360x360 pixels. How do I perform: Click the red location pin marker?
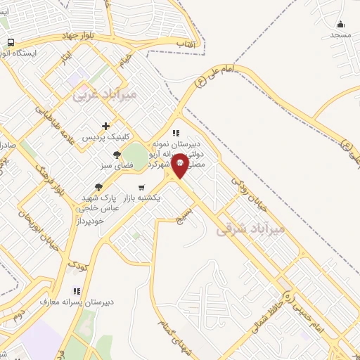180,165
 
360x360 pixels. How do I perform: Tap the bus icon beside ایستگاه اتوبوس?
11,42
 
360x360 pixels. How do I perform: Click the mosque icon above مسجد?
341,24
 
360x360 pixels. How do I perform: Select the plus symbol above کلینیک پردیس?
105,126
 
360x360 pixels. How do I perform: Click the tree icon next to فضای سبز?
117,156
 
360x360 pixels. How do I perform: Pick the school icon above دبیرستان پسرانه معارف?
77,291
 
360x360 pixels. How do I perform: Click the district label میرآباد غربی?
105,93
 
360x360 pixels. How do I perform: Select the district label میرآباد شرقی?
251,229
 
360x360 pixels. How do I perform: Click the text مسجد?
341,34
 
